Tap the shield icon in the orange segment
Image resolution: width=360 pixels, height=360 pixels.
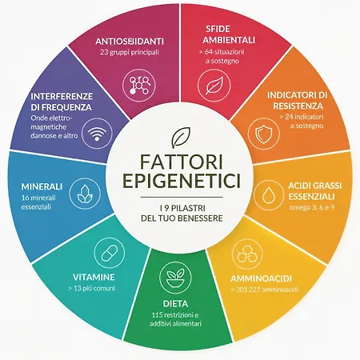(263, 134)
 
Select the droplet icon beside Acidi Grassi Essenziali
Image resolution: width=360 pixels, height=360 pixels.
(268, 195)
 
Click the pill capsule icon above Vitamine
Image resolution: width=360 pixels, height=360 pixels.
(110, 252)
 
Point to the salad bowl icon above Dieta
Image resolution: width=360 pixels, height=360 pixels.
(175, 278)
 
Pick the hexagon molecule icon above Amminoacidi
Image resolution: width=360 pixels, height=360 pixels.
(247, 254)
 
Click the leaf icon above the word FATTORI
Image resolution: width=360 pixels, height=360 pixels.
(181, 138)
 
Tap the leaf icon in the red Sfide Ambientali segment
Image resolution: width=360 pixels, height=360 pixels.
(214, 86)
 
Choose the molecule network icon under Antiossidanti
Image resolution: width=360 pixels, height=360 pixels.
(138, 86)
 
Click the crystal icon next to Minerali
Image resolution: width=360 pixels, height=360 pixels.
(85, 194)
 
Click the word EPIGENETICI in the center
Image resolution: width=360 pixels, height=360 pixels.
(182, 181)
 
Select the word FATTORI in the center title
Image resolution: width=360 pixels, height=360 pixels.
(182, 162)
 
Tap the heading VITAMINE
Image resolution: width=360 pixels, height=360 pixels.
(94, 277)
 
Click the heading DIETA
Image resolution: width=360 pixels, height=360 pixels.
(175, 304)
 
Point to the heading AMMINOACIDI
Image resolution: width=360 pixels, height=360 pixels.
(261, 278)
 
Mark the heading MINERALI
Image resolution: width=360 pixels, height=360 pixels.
(42, 186)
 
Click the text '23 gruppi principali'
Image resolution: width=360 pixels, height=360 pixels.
(130, 52)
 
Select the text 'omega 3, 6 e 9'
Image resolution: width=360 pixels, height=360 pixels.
(311, 207)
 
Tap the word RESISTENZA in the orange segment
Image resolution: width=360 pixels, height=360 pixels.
(298, 106)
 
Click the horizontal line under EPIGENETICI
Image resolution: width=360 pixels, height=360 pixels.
(182, 198)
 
